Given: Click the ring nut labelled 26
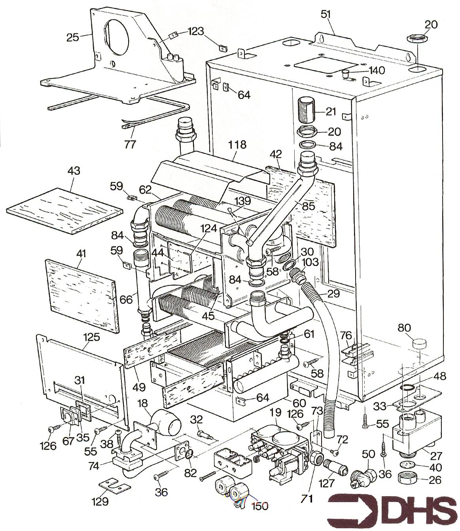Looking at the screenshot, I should pyautogui.click(x=407, y=480).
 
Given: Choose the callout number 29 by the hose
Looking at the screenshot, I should pyautogui.click(x=333, y=293).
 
